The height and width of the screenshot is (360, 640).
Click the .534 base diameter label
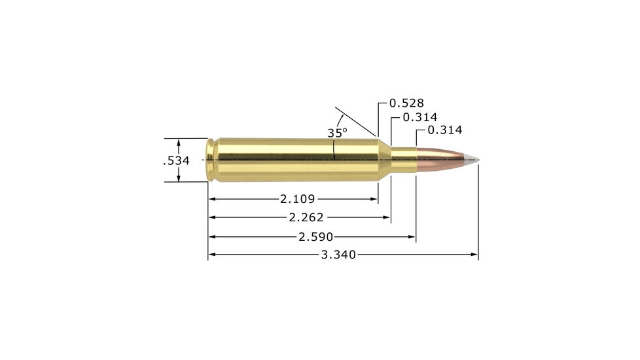(176, 160)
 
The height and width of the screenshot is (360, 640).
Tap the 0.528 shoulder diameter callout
(406, 103)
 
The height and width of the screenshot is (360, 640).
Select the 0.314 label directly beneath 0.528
(419, 117)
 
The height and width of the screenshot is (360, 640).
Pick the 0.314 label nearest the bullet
(444, 130)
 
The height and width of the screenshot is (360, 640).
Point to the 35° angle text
(337, 133)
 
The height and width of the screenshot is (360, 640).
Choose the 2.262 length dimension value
(306, 217)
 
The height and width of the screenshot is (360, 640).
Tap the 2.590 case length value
(316, 236)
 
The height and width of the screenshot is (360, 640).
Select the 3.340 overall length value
(338, 255)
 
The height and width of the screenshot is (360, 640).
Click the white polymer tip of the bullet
(471, 159)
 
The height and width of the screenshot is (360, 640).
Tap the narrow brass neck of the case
(403, 160)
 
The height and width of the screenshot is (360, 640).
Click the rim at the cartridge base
(209, 160)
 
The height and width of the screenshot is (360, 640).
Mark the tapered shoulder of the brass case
(384, 160)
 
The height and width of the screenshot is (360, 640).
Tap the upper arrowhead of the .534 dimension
(179, 142)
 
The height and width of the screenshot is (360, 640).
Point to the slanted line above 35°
(356, 122)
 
